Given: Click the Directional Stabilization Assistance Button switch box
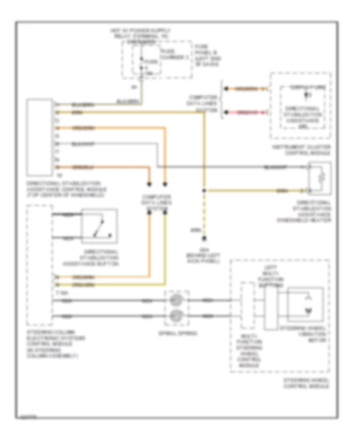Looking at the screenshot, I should click(x=99, y=226).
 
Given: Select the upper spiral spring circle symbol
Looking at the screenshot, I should click(x=175, y=300).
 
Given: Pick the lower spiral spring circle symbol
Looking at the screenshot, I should click(x=175, y=316).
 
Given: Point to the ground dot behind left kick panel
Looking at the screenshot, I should click(x=204, y=238).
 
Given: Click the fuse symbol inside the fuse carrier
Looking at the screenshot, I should click(x=140, y=62).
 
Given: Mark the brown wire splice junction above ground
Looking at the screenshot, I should click(x=204, y=190).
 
